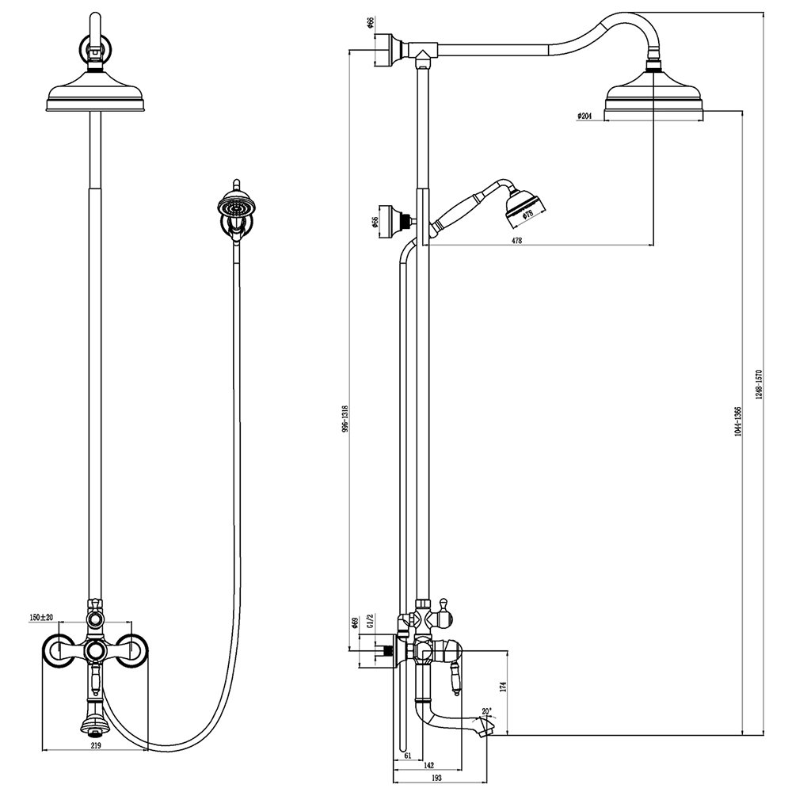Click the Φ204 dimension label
coord(584,116)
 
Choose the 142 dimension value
coord(428,765)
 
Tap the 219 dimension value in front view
coord(94,745)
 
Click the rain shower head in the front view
coord(95,99)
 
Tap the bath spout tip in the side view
coord(486,725)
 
